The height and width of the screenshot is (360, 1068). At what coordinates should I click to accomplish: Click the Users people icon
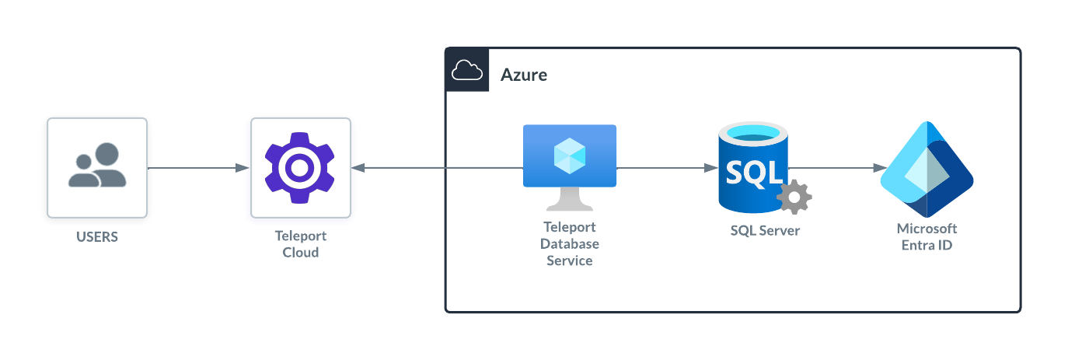(x=97, y=166)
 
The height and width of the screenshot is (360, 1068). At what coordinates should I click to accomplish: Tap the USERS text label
(x=97, y=237)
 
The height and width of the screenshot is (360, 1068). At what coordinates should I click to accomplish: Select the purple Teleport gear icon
(x=300, y=167)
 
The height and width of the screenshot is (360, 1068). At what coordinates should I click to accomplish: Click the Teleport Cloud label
(x=301, y=244)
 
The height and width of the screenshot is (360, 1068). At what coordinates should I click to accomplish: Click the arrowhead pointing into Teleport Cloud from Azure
(x=358, y=168)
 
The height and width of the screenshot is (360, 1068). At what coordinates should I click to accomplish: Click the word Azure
(x=523, y=75)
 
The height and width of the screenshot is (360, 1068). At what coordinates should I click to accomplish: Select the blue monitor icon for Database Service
(x=570, y=157)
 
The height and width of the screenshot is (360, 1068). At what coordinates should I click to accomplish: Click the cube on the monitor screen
(x=570, y=156)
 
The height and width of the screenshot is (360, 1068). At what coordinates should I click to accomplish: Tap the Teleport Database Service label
(x=570, y=244)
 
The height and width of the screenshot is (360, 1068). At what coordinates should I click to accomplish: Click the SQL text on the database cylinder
(x=753, y=172)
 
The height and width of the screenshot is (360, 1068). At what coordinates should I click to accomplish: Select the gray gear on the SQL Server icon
(x=794, y=197)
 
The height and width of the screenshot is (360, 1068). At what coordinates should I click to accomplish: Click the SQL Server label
(x=765, y=231)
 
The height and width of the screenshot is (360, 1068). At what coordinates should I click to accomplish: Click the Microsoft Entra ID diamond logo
(x=927, y=170)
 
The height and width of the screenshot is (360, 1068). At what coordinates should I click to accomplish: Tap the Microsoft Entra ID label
(x=927, y=237)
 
